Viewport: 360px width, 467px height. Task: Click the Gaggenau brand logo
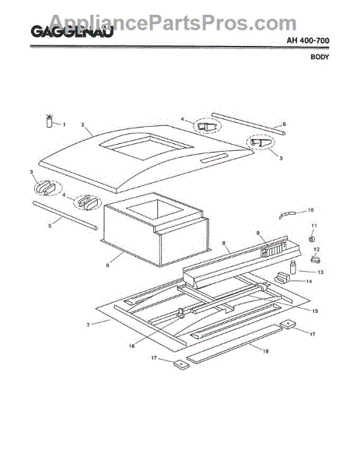point(72,32)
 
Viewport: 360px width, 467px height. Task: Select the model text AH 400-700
point(308,40)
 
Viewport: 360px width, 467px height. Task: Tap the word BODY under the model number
point(320,57)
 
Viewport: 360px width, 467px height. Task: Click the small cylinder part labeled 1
point(50,121)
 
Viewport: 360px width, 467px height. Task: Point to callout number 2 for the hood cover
point(83,125)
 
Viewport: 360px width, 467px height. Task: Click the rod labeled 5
point(65,216)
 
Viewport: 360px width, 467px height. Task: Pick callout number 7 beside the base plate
point(88,325)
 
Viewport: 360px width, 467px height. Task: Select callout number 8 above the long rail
point(224,244)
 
